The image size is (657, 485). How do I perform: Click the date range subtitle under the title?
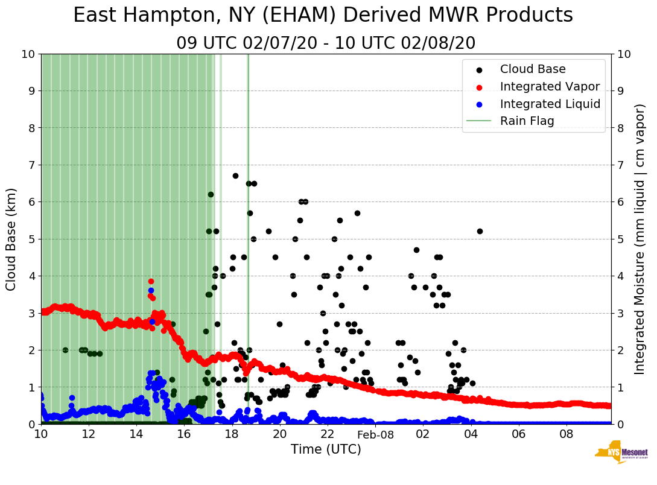click(326, 43)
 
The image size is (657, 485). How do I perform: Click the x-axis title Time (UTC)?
click(326, 449)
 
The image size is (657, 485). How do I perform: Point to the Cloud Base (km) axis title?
click(11, 239)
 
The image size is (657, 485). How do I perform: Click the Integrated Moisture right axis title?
click(640, 239)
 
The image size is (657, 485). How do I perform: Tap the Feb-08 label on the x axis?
click(375, 434)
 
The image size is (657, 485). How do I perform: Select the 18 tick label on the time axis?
click(232, 434)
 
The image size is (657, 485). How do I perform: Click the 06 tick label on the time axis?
click(518, 434)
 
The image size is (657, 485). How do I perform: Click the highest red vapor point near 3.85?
click(151, 281)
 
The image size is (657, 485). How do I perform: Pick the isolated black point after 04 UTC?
click(480, 231)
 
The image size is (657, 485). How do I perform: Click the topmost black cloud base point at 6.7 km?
click(235, 176)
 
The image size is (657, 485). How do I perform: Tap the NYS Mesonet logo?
click(621, 452)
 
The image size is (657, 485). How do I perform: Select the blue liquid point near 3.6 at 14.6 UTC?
click(151, 290)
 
